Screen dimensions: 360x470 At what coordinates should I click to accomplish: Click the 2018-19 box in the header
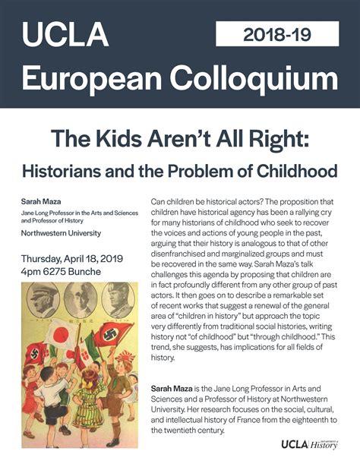click(x=277, y=34)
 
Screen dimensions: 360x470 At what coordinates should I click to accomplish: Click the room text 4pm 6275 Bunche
click(x=62, y=272)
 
